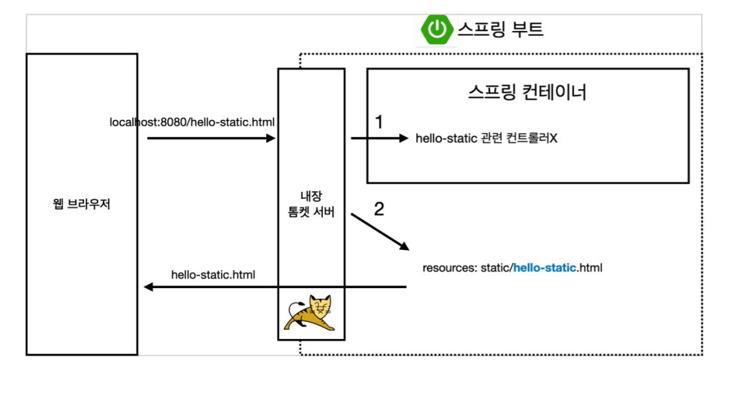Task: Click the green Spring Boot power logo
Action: coord(436,29)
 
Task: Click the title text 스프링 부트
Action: coord(501,29)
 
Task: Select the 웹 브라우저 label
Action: coord(82,205)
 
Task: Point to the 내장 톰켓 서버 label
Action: coord(311,205)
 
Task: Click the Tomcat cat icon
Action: coord(311,313)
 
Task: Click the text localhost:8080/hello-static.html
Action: coord(192,122)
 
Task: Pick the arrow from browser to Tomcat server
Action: coord(211,139)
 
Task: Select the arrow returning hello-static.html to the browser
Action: coord(276,287)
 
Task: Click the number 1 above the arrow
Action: coord(379,122)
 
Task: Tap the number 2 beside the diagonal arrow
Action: coord(380,209)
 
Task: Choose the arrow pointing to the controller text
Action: coord(379,139)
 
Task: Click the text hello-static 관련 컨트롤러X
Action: coord(487,139)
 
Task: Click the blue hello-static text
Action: coord(545,268)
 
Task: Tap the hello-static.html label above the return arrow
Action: coord(213,274)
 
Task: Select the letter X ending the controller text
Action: coord(553,139)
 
